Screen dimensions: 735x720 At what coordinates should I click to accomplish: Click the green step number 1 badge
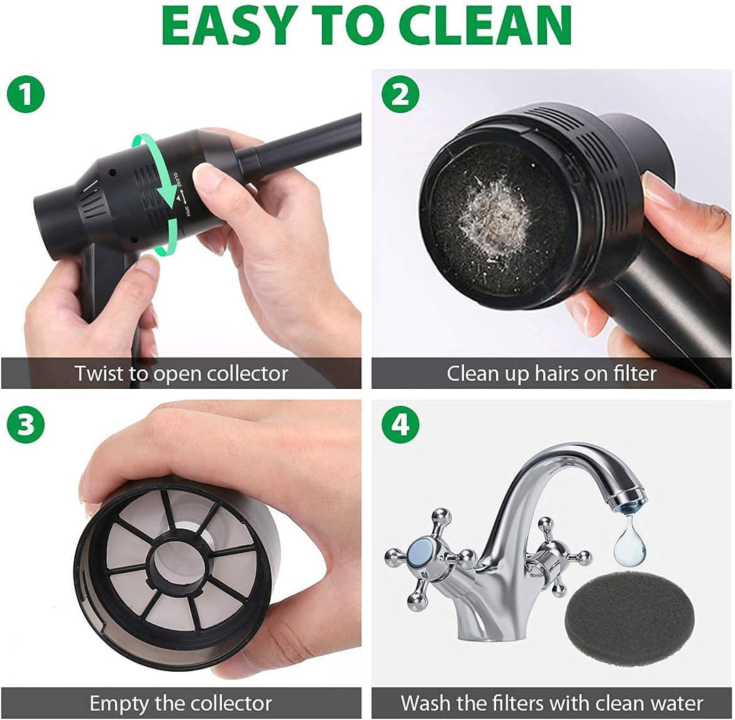coord(26,94)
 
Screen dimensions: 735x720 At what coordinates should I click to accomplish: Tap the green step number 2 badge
coord(400,94)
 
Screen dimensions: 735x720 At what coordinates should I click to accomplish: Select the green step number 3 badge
coord(26,425)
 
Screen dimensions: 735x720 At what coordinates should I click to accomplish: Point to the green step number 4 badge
coord(400,425)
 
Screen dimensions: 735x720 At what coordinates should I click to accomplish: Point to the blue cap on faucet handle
coord(421,551)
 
